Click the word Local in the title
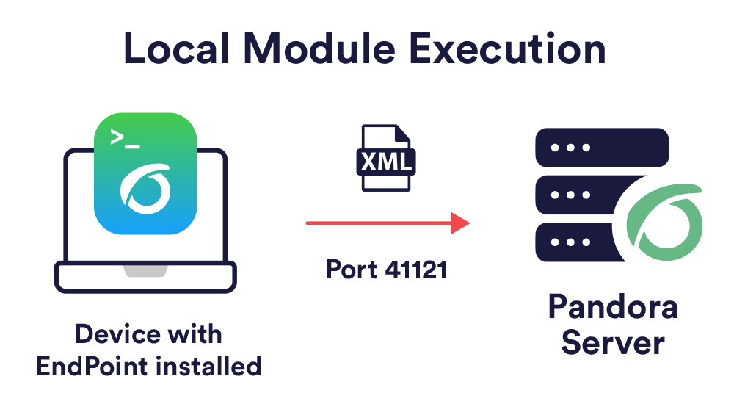177,48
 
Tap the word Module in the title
319,48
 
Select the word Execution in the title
507,48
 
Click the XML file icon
386,158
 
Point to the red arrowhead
460,223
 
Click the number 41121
415,270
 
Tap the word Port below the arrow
352,270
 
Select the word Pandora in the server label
613,307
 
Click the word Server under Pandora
613,343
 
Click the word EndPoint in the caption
92,367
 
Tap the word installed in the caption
208,367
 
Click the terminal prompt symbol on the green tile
125,139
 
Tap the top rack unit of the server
602,148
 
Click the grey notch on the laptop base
145,271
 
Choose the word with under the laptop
195,334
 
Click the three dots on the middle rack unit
570,195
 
